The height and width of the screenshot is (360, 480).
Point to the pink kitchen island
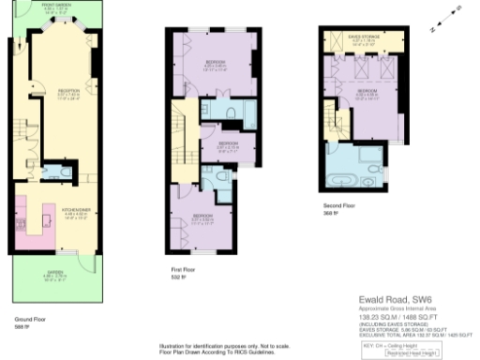[x=38, y=228]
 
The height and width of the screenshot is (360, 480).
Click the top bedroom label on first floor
[x=215, y=67]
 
